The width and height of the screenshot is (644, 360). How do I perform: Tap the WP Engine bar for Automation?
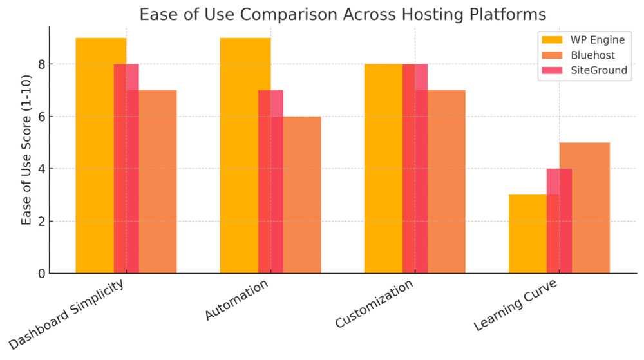tap(239, 155)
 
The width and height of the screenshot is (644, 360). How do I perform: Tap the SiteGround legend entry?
tap(598, 70)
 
